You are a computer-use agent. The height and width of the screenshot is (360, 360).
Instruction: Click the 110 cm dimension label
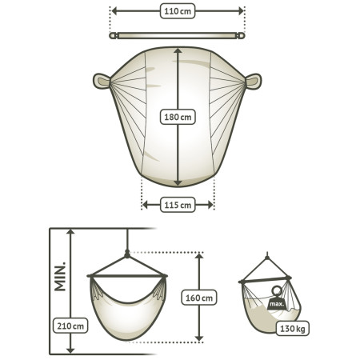pyautogui.click(x=178, y=11)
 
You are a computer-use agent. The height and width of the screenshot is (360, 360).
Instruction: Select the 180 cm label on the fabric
pyautogui.click(x=178, y=117)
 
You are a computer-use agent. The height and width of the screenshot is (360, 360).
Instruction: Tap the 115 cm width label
pyautogui.click(x=178, y=205)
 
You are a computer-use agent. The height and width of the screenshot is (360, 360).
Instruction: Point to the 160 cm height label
pyautogui.click(x=199, y=298)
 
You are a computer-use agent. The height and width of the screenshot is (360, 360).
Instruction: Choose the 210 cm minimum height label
pyautogui.click(x=70, y=326)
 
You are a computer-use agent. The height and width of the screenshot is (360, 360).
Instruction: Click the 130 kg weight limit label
pyautogui.click(x=293, y=329)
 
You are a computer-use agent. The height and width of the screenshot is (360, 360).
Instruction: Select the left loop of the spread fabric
pyautogui.click(x=102, y=81)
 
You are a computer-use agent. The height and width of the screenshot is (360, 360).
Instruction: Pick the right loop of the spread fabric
pyautogui.click(x=254, y=82)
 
